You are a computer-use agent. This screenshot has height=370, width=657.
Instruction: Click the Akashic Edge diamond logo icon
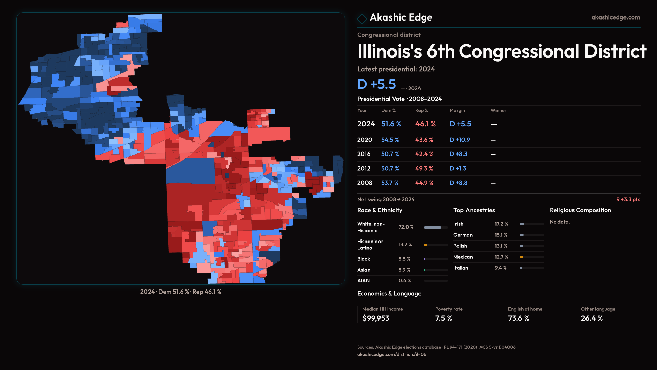click(362, 18)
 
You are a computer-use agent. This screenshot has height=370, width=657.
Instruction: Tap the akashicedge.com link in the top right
click(616, 17)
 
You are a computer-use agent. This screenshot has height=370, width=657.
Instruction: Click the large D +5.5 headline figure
click(376, 84)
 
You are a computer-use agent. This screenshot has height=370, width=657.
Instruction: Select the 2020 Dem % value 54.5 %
click(390, 140)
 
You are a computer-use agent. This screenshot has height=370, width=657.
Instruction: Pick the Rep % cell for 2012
click(424, 169)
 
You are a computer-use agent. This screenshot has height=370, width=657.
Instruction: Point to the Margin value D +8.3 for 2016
click(458, 154)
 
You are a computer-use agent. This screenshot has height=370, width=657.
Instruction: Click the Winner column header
click(498, 110)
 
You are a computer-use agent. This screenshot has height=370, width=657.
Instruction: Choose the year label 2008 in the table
click(364, 183)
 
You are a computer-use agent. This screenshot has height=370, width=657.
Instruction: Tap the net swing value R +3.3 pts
click(628, 199)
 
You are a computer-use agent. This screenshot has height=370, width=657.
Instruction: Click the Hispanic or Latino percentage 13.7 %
click(405, 245)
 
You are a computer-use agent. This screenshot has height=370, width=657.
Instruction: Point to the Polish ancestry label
click(460, 246)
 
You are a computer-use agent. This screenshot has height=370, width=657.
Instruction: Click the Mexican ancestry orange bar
click(522, 257)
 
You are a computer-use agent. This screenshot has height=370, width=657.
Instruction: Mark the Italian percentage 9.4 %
click(501, 268)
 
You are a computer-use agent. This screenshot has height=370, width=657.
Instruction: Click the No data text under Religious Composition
click(560, 222)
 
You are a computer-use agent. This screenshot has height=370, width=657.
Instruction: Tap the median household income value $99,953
click(376, 318)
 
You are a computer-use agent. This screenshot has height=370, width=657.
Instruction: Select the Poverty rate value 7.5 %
click(443, 318)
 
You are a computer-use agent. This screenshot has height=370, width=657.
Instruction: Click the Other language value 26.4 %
click(592, 318)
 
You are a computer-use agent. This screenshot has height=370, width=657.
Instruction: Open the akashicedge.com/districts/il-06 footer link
click(392, 354)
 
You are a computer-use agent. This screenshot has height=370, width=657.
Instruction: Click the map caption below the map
click(181, 292)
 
